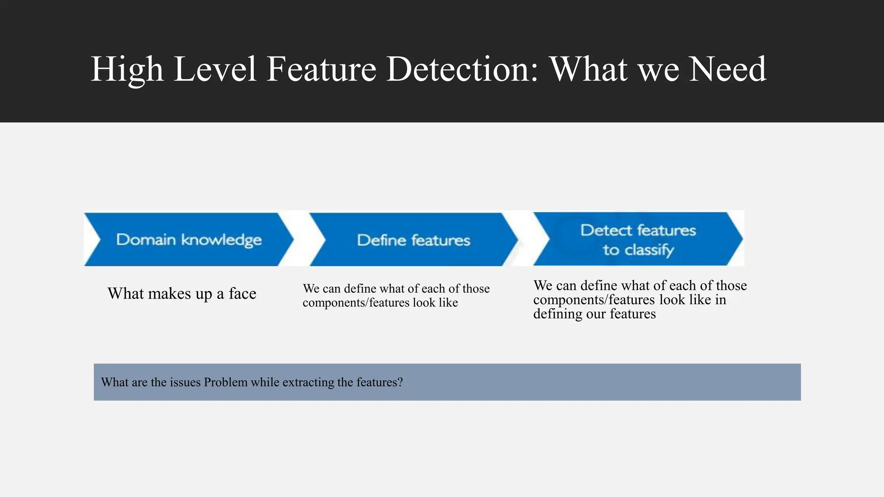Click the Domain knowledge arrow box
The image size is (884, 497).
[189, 239]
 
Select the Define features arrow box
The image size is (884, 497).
[414, 239]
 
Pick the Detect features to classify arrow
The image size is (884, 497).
[638, 239]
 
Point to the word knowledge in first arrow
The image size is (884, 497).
[221, 240]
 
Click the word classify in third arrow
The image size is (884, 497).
[649, 250]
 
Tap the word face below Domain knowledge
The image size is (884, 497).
[243, 294]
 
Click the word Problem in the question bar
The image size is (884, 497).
[225, 382]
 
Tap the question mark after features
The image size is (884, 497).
[400, 382]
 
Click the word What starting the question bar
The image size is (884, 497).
[114, 382]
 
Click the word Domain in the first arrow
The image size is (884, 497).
[146, 239]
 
